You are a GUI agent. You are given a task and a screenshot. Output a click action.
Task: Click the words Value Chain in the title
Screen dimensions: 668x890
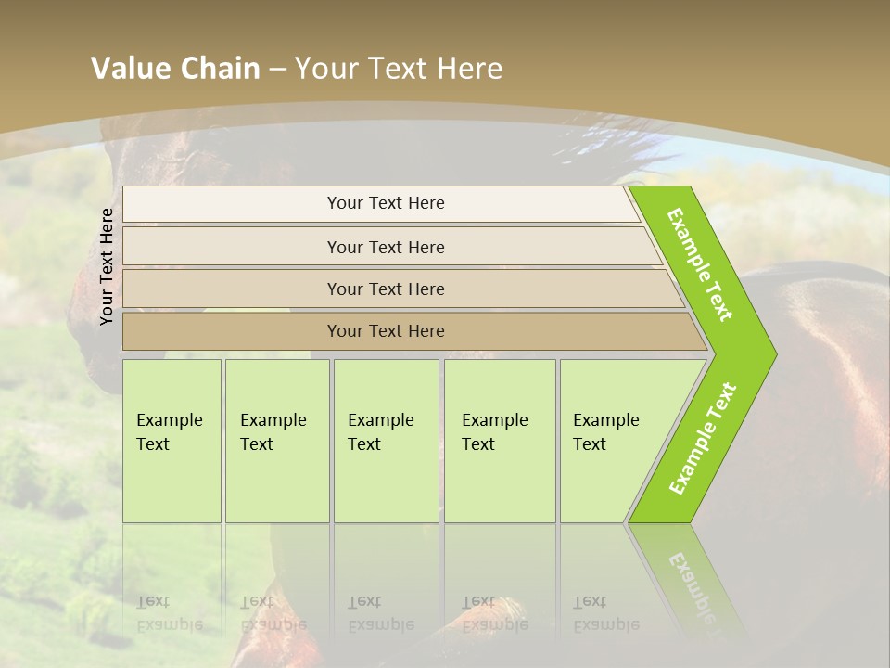pos(175,69)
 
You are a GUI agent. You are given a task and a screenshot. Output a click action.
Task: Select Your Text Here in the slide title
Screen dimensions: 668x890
pos(399,69)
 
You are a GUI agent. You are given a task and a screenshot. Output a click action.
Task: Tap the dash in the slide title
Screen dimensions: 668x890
pos(277,70)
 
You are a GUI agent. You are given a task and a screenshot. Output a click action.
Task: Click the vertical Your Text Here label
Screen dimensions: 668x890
pos(107,266)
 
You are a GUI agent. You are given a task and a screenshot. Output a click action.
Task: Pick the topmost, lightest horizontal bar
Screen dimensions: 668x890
pos(386,203)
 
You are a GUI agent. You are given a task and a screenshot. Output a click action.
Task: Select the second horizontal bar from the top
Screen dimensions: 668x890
pos(386,247)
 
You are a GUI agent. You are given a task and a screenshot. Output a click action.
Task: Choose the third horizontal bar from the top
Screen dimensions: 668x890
pos(386,289)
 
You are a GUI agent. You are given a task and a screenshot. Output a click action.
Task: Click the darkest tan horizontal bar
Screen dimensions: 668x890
pos(386,331)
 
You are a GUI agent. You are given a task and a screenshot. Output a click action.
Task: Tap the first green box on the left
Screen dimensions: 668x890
pos(172,440)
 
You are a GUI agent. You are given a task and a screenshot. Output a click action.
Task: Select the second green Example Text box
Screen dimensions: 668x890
pos(276,440)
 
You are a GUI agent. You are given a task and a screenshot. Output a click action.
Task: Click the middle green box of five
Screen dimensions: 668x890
pos(386,440)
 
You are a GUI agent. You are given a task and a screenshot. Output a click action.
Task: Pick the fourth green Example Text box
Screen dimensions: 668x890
pos(499,440)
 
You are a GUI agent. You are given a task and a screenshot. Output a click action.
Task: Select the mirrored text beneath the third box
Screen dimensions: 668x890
pos(380,613)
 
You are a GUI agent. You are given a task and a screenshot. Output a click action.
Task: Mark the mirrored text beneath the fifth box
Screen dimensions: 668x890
pos(605,613)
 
